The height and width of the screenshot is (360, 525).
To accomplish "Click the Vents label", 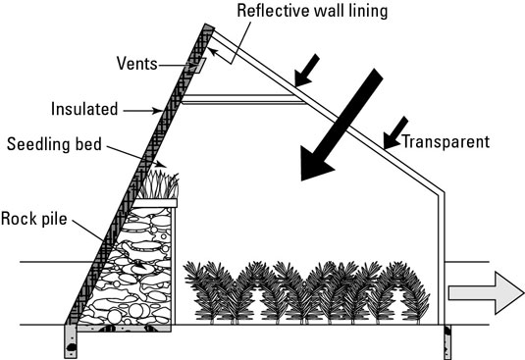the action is coord(137,63).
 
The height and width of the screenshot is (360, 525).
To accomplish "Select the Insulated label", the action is coord(84,109).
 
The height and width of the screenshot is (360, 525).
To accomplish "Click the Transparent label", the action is coord(446,142).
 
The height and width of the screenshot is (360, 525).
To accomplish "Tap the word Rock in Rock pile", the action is coord(17,219).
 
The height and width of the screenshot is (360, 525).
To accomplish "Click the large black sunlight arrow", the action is coord(341,125).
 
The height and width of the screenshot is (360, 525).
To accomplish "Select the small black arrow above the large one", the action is coord(307,71).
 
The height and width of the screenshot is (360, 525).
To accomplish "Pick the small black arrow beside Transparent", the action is coord(395,132).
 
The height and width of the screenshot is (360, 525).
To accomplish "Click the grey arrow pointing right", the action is coord(486,293).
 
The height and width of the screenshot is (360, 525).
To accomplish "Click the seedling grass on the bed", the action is coord(158,185).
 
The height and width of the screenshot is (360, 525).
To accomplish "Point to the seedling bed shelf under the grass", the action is coord(155,203).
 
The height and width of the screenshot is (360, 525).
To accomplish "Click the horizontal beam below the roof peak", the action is coord(243,99).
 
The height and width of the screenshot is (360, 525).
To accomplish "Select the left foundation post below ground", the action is coord(71,341).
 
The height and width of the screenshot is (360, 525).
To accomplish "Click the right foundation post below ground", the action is coord(447,342).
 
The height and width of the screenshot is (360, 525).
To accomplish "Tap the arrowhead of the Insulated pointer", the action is coord(158,111).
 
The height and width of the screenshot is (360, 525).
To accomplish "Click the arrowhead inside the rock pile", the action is coord(140,265).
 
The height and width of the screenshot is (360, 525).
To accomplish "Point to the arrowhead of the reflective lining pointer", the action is coord(212,51).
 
